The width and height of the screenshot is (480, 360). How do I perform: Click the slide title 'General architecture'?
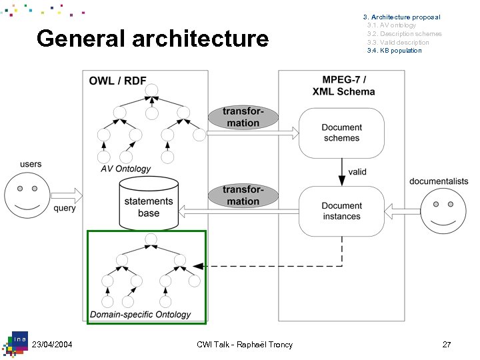[153, 39]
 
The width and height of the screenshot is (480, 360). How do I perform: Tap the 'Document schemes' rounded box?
[341, 133]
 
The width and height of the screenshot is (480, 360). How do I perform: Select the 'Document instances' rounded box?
[341, 211]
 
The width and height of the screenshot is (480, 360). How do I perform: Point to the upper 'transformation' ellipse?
[241, 117]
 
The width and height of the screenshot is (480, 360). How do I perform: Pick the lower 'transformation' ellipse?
[242, 195]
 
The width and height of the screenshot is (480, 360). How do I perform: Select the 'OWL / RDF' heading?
[118, 81]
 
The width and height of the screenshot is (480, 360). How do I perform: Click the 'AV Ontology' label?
[125, 169]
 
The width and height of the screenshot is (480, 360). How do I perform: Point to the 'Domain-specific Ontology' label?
[140, 314]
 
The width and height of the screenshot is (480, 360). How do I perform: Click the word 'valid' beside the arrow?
[357, 171]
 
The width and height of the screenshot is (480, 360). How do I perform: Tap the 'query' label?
[65, 208]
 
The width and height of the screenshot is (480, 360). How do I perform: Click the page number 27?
[447, 344]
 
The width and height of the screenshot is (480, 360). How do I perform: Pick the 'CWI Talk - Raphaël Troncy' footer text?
[245, 344]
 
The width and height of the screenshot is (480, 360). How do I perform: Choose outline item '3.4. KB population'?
[394, 51]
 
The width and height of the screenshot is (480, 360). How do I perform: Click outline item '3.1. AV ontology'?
[391, 25]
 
